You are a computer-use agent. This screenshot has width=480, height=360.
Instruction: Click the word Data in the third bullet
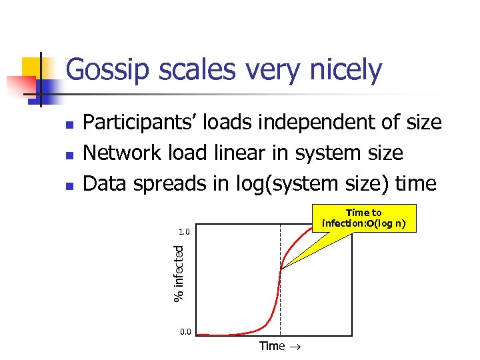[x=103, y=183]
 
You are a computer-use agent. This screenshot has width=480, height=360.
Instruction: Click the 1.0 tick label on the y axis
[x=185, y=233]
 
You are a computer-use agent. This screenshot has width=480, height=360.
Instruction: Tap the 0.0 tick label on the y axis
[x=185, y=331]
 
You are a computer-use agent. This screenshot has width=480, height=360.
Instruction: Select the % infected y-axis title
[x=178, y=273]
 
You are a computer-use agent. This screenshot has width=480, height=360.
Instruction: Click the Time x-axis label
[x=271, y=346]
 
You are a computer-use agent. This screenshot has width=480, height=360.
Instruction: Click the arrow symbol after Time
[x=293, y=347]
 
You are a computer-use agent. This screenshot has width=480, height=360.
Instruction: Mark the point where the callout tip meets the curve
[x=281, y=269]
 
